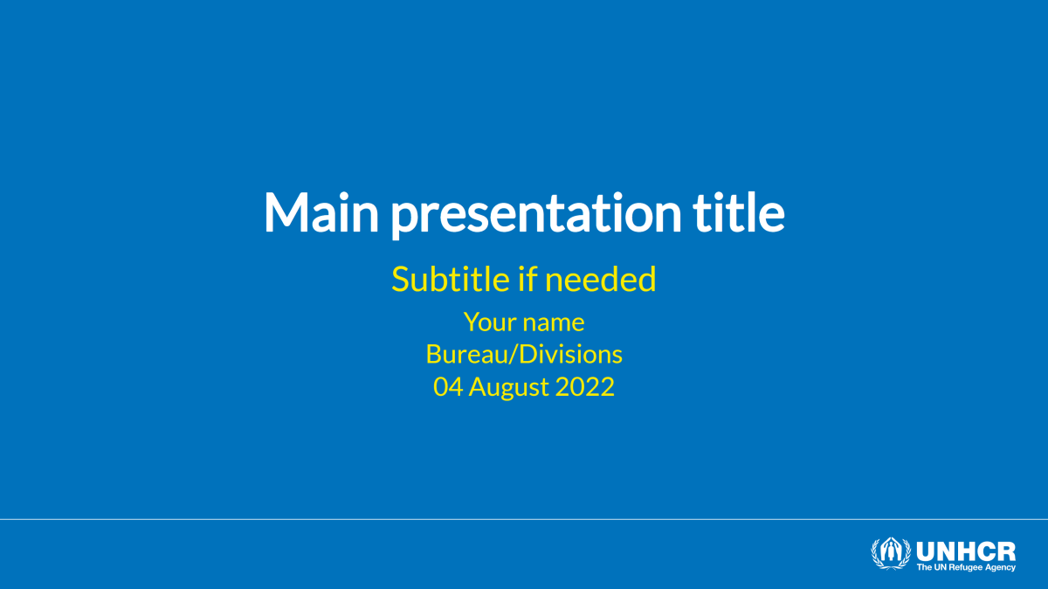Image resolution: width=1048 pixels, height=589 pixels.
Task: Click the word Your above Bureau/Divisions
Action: point(488,322)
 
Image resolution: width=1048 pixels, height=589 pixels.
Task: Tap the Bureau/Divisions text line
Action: point(524,354)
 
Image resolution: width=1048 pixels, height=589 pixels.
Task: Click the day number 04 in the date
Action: point(448,386)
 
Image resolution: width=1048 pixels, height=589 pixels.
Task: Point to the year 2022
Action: point(585,386)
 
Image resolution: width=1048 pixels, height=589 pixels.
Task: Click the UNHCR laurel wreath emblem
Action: point(890,554)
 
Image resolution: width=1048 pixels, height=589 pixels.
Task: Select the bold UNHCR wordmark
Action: point(965,551)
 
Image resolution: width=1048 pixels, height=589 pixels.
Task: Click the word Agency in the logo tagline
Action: point(1001,568)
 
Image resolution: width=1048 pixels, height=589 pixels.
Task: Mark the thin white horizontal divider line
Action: point(524,519)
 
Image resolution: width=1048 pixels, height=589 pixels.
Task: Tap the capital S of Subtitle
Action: point(400,280)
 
